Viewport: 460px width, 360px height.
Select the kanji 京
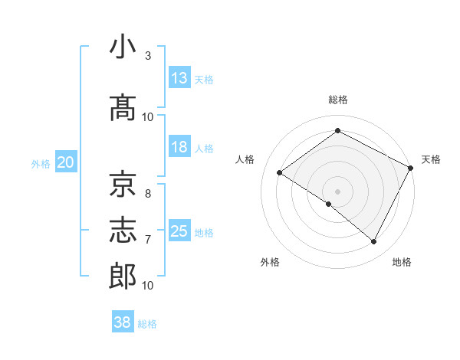[123, 185]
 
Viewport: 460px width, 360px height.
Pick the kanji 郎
[123, 277]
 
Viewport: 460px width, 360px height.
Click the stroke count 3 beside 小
[148, 56]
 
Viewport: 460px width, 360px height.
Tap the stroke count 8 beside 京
[148, 194]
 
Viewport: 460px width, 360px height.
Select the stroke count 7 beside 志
[148, 240]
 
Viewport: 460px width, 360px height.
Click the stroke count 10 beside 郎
[148, 286]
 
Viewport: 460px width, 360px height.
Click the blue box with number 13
[179, 78]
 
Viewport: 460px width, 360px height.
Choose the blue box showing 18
[179, 147]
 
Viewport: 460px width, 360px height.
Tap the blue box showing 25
[179, 231]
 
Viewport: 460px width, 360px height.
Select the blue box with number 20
[66, 162]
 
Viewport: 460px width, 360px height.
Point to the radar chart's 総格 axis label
[337, 100]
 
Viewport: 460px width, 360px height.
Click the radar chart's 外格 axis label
[270, 262]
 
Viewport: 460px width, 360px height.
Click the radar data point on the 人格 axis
[279, 172]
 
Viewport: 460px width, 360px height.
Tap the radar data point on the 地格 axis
[374, 242]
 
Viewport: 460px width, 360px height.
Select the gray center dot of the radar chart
[337, 191]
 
